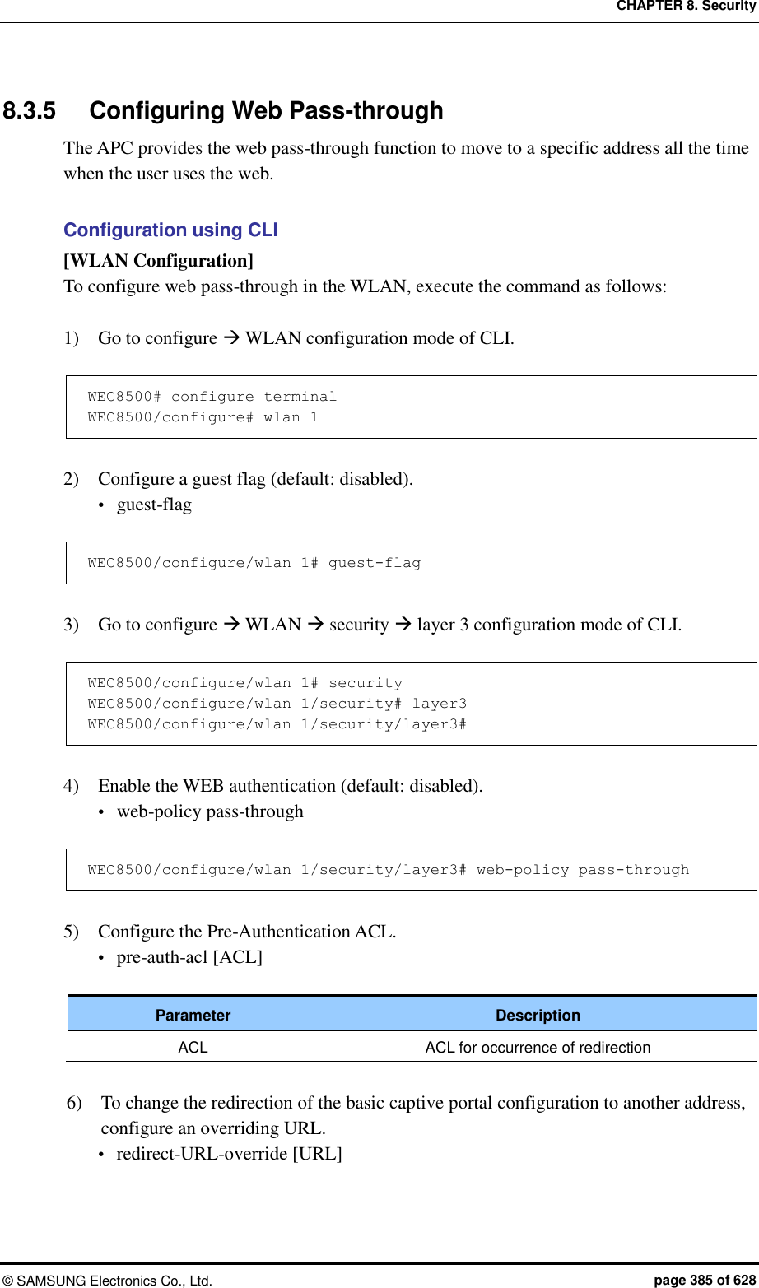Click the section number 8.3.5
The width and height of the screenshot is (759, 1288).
[30, 110]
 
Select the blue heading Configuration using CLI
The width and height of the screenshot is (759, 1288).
[170, 230]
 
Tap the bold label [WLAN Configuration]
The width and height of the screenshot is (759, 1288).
[158, 261]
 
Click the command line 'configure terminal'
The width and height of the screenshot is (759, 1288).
[212, 397]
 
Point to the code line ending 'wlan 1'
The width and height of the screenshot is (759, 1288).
[203, 417]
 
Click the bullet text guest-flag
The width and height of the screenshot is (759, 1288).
[154, 505]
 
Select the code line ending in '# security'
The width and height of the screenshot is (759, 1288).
[244, 683]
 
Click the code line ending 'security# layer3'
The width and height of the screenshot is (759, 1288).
[277, 704]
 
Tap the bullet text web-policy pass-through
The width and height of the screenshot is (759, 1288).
[210, 811]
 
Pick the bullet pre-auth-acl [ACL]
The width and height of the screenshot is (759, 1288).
[189, 957]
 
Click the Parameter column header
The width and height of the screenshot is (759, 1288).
[193, 1015]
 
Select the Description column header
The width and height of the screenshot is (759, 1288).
[538, 1015]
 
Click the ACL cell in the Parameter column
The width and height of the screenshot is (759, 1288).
[193, 1047]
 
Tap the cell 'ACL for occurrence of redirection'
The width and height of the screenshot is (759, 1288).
[538, 1047]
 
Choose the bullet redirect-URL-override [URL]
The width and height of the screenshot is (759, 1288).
[229, 1153]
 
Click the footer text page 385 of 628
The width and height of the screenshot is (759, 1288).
[704, 1280]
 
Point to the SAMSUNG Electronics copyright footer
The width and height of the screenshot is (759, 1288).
[107, 1281]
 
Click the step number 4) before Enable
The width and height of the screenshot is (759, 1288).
[72, 786]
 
